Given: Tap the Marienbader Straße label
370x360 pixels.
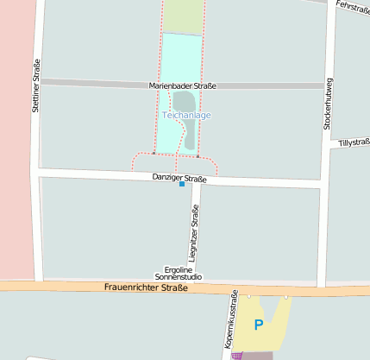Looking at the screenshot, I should click(182, 86).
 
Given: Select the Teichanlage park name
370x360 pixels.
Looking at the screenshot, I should click(186, 115).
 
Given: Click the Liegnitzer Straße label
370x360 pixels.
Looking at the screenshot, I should click(195, 231).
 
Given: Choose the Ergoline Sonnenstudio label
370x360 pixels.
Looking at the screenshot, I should click(178, 273).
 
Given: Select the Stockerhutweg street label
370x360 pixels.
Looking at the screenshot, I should click(328, 104).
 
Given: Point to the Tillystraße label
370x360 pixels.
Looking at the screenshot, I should click(354, 142).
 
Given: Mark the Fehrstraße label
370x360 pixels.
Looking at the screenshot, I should click(352, 7).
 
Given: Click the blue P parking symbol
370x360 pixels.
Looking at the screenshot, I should click(258, 325).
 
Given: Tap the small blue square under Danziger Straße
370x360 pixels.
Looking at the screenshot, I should click(182, 185).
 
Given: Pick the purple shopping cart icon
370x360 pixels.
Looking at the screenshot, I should click(237, 355).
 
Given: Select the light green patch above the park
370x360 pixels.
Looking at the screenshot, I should click(182, 16).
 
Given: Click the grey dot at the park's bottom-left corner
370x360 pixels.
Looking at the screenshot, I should click(154, 155).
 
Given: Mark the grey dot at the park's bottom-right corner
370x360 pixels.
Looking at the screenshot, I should click(198, 156).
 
